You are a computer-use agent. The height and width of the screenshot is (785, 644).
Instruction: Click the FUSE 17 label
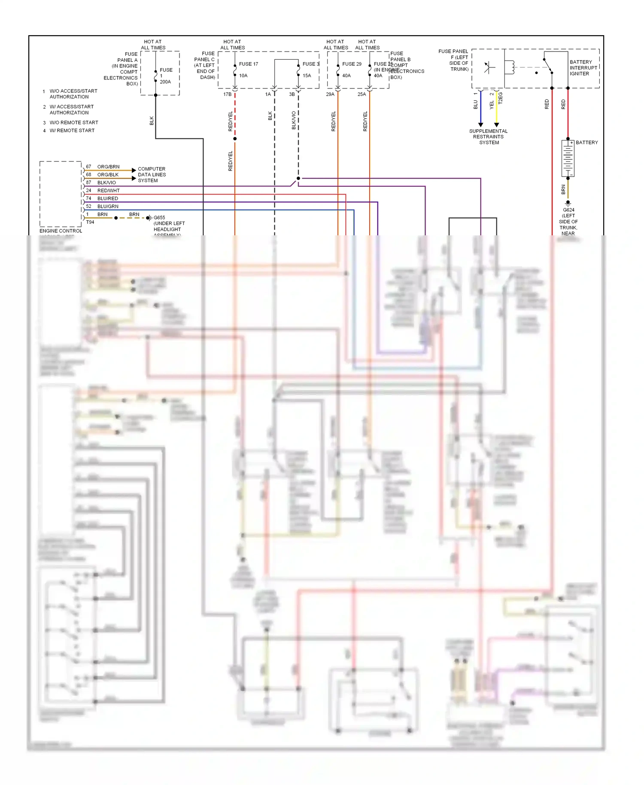249,64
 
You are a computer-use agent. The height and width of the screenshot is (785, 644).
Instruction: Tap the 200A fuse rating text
165,82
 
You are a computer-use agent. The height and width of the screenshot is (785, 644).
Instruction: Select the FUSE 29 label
352,64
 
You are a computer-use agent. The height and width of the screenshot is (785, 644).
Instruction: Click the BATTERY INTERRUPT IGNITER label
583,68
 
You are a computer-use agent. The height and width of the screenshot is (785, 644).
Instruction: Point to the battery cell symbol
568,158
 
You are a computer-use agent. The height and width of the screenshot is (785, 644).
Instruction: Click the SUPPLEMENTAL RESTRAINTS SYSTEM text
489,137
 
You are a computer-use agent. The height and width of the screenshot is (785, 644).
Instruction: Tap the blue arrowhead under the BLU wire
480,125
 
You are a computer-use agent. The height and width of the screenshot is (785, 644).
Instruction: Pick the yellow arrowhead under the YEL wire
497,125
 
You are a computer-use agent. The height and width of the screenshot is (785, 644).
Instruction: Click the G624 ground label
568,210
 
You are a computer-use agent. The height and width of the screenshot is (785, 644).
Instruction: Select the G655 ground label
159,218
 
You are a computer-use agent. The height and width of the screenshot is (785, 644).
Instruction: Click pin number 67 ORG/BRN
88,167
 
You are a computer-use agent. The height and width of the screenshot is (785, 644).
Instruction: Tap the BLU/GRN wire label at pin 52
108,207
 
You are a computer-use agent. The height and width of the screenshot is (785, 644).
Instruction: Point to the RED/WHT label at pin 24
109,191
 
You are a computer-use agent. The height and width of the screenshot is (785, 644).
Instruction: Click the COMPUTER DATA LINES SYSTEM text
152,175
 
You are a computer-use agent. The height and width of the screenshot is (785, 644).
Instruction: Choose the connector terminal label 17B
228,94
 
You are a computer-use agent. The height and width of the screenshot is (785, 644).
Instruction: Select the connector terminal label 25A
362,94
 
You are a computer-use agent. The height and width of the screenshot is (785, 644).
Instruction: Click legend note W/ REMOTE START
72,131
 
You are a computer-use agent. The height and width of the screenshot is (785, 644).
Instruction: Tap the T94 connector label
90,222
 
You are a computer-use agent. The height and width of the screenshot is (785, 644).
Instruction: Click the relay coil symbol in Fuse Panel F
510,67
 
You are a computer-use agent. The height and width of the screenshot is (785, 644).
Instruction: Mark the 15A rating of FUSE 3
307,76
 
